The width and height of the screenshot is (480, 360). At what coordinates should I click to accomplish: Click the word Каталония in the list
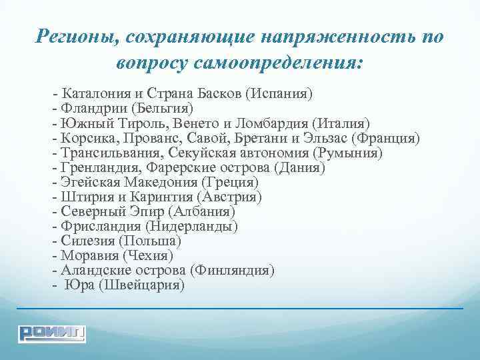tap(92, 92)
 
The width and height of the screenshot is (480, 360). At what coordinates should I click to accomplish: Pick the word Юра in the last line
tap(76, 285)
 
